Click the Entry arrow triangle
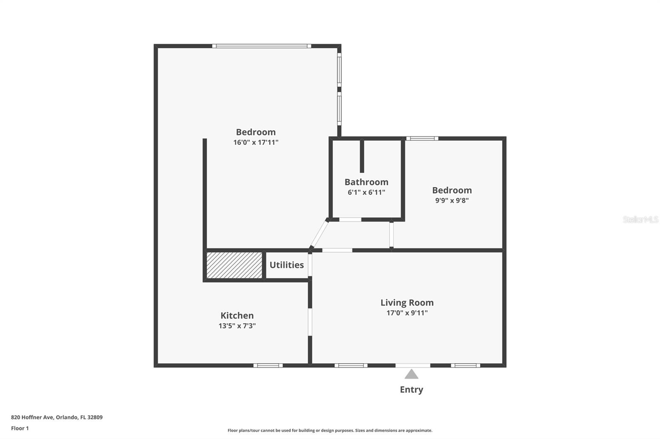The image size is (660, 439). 411,374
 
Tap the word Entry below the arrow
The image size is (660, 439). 411,390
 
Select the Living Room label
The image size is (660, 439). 407,303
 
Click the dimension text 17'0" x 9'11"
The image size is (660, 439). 407,313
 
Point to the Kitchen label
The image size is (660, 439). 237,315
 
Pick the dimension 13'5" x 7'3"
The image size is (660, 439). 237,326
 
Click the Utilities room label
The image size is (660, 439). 287,265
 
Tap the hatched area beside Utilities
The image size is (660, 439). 234,265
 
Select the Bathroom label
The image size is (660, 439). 366,182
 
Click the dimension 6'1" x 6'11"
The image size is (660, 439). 366,192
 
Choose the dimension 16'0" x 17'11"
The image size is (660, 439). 256,142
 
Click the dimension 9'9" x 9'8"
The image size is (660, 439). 452,201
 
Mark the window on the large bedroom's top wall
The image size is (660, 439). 262,46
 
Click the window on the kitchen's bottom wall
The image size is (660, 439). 268,365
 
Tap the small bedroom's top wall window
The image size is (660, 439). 422,138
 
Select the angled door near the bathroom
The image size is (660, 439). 319,234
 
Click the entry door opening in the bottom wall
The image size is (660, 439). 412,365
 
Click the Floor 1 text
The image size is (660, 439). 20,428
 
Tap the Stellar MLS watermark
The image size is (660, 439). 640,219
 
